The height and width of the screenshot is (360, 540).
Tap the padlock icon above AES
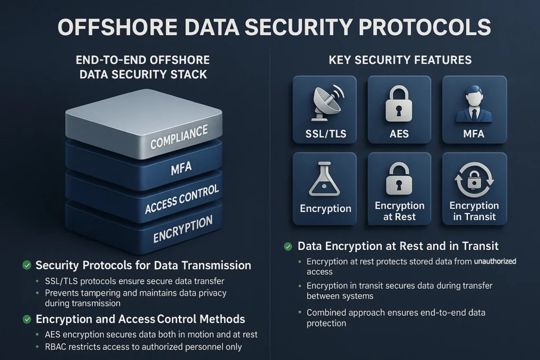pyautogui.click(x=399, y=104)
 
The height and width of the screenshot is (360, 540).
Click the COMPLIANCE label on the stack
pyautogui.click(x=179, y=136)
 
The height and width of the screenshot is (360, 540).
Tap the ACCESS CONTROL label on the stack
pyautogui.click(x=182, y=200)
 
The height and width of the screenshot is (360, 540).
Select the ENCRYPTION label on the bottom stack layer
pyautogui.click(x=182, y=229)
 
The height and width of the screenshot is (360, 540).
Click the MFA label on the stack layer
pyautogui.click(x=181, y=169)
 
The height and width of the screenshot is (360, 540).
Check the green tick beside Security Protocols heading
pyautogui.click(x=27, y=265)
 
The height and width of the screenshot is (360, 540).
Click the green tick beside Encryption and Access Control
pyautogui.click(x=27, y=319)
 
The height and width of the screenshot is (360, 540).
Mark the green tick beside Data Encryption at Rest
pyautogui.click(x=288, y=246)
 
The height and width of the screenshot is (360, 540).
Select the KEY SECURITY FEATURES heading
pyautogui.click(x=400, y=60)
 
